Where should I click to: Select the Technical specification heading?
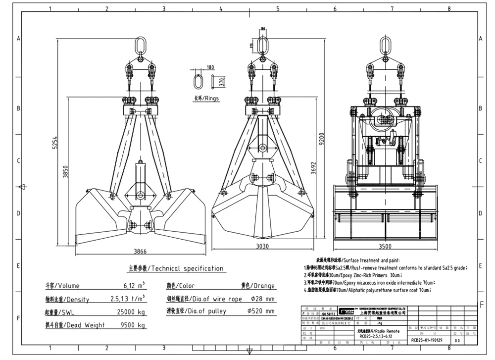tap(176, 268)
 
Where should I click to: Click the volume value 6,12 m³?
tap(134, 286)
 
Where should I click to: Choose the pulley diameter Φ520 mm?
tap(260, 311)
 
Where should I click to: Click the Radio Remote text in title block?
tap(383, 330)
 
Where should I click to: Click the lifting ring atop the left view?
tap(140, 46)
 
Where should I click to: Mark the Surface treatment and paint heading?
tap(356, 260)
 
